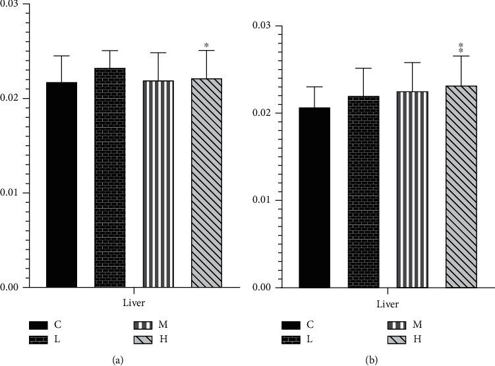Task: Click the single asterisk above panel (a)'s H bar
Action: (x=207, y=46)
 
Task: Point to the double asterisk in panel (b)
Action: (x=461, y=47)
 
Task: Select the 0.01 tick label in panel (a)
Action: (x=11, y=193)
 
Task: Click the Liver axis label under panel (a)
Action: (x=134, y=303)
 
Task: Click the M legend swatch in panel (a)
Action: (x=147, y=325)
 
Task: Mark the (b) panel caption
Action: (x=370, y=359)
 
